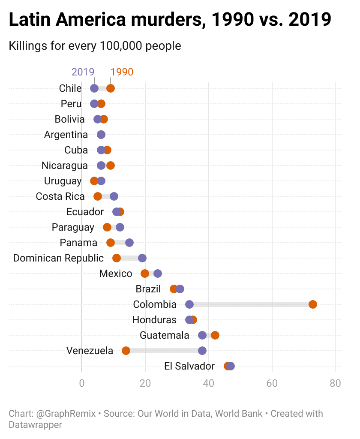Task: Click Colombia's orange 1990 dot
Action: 313,304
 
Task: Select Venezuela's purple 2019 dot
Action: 202,351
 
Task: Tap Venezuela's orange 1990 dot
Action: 126,351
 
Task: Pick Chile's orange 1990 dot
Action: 111,88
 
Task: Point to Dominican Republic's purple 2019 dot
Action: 142,258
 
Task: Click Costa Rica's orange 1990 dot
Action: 98,196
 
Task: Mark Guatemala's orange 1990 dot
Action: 215,335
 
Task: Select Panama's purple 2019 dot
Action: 129,243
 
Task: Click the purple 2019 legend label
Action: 83,72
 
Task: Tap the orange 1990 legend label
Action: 122,72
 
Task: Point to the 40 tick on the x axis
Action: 208,383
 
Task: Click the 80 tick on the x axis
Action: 335,383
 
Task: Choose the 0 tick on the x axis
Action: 82,383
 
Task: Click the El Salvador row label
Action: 189,366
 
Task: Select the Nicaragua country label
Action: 65,165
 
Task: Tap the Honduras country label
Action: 154,320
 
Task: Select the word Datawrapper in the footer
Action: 36,425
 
